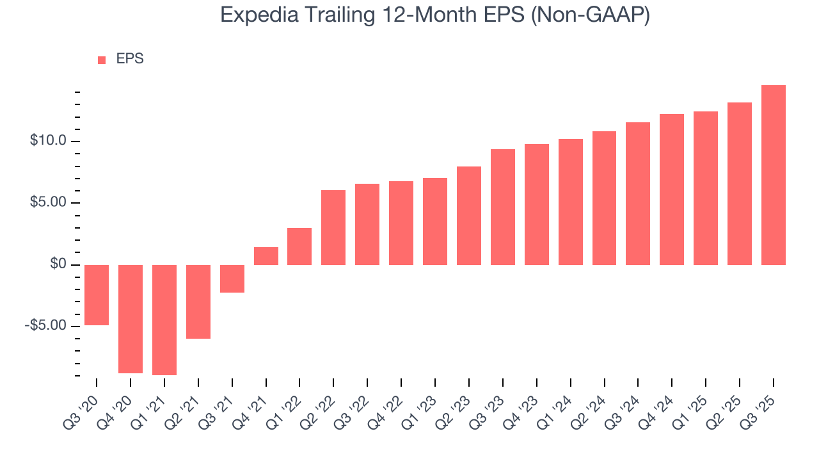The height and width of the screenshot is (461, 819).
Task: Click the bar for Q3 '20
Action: (x=97, y=295)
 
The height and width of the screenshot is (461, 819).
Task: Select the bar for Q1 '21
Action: (x=164, y=320)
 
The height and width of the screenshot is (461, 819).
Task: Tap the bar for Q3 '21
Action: (x=232, y=279)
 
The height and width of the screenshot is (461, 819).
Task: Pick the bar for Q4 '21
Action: (x=266, y=256)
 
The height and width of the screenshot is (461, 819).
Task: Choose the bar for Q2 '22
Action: (x=333, y=227)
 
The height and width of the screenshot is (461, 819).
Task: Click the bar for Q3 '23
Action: (x=503, y=207)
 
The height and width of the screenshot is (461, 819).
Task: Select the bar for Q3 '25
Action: (x=773, y=175)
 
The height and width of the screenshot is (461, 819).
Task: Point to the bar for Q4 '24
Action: (x=672, y=190)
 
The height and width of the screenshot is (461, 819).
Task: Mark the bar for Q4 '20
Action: (x=131, y=319)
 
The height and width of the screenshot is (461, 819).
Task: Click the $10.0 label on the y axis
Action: (x=48, y=141)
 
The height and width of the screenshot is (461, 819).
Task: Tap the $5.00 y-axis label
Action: (x=48, y=203)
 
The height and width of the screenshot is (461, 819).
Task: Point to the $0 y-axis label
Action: (x=59, y=264)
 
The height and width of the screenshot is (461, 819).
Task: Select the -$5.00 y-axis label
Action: (x=46, y=326)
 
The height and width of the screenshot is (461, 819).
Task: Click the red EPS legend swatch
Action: (x=102, y=60)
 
